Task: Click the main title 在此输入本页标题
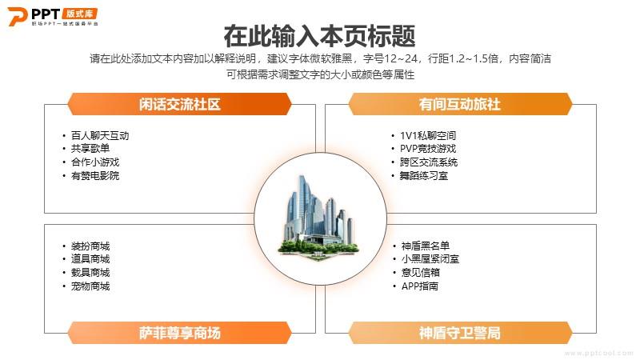(x=319, y=36)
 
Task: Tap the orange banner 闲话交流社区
(x=179, y=104)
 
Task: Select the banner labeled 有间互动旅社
(x=460, y=104)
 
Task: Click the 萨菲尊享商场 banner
(x=179, y=333)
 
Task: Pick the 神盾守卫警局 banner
(x=460, y=333)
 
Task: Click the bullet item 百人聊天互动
(x=100, y=135)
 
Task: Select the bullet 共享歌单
(x=90, y=149)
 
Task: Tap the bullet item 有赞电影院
(x=95, y=175)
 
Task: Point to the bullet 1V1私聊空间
(x=428, y=135)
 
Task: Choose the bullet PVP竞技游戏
(x=428, y=149)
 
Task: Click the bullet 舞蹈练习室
(x=424, y=175)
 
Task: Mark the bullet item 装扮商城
(x=90, y=246)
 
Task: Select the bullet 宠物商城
(x=90, y=286)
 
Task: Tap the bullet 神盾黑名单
(x=426, y=246)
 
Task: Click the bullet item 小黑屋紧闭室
(x=430, y=258)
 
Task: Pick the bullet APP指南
(x=419, y=286)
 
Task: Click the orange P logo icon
(x=18, y=16)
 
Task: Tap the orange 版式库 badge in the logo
(x=79, y=14)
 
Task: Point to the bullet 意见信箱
(x=421, y=272)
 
